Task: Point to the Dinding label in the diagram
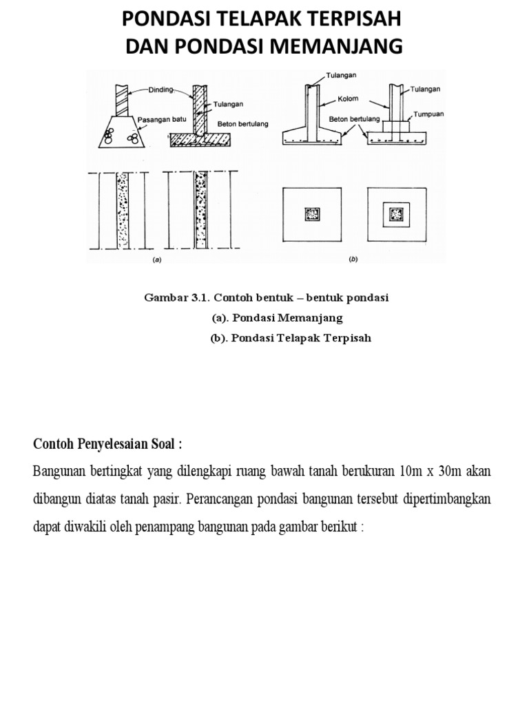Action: (161, 89)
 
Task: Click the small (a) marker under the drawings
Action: (156, 261)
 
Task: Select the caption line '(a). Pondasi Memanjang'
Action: (276, 318)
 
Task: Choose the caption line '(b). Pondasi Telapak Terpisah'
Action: (291, 338)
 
